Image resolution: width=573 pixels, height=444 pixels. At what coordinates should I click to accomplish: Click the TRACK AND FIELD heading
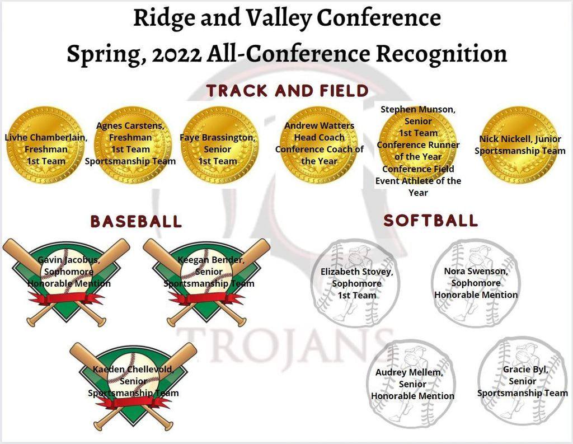(287, 91)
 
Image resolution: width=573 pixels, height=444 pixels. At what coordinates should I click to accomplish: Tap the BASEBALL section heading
(136, 221)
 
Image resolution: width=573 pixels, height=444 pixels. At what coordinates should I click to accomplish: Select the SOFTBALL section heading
(430, 221)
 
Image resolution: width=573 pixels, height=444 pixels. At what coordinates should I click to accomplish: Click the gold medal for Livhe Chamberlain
(45, 145)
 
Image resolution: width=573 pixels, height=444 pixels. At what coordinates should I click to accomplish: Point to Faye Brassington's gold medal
(219, 145)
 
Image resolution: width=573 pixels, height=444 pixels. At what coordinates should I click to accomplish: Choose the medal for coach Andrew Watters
(319, 145)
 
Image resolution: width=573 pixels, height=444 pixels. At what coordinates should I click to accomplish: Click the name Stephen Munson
(418, 109)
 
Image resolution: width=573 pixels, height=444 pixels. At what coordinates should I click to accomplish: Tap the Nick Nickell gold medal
(519, 145)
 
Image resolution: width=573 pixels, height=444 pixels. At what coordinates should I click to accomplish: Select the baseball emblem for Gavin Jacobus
(66, 282)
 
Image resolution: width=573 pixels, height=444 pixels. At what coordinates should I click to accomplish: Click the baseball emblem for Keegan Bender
(206, 282)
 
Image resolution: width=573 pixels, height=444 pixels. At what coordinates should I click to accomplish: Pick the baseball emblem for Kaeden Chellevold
(133, 386)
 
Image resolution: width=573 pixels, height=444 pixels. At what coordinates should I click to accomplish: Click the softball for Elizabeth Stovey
(355, 283)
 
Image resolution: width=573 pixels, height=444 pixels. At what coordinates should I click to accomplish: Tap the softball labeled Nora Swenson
(476, 283)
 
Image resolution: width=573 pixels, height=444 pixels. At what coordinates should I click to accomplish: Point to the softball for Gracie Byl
(522, 380)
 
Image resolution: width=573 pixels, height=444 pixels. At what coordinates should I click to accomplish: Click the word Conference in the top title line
(379, 17)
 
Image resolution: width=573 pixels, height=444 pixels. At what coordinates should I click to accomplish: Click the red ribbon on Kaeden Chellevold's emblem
(133, 403)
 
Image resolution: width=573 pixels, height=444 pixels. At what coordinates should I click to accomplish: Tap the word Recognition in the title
(442, 54)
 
